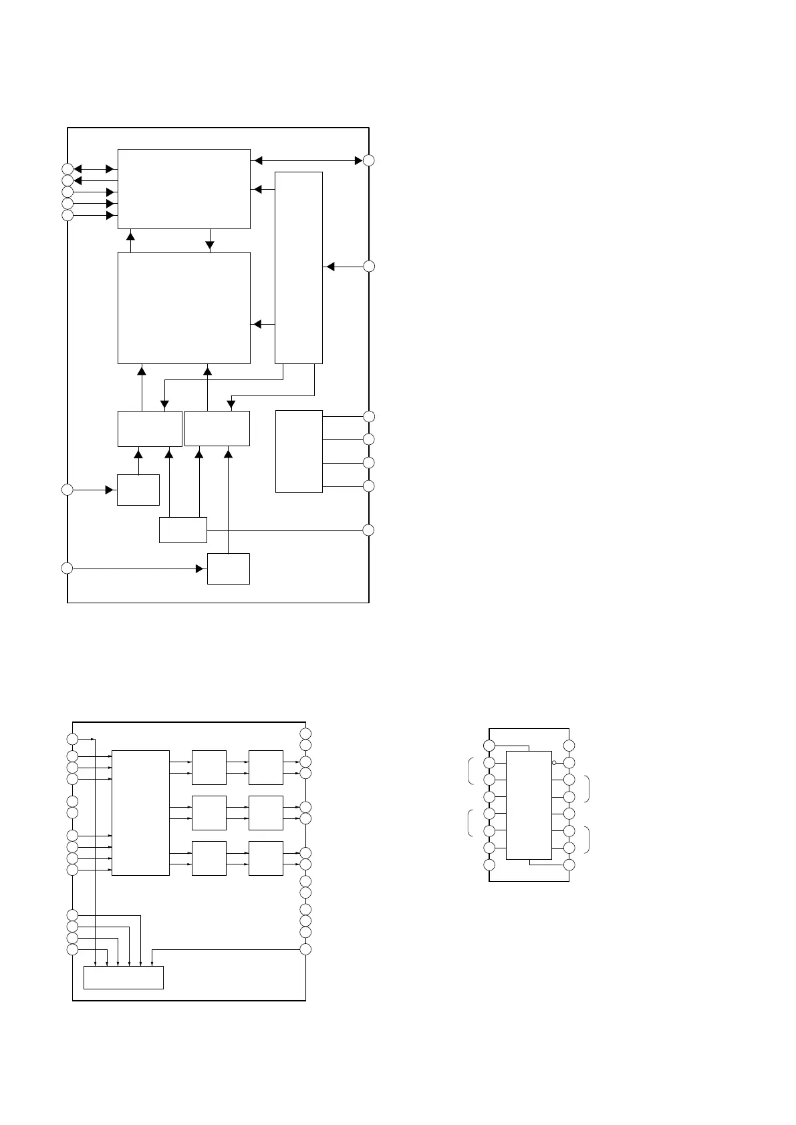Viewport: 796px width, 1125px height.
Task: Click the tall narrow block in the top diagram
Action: click(x=299, y=267)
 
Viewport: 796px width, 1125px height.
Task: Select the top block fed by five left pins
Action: click(x=184, y=188)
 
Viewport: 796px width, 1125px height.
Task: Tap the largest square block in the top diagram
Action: click(x=184, y=307)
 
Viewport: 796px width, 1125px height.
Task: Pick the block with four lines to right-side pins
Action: click(x=299, y=451)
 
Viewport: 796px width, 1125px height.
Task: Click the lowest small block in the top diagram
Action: click(x=228, y=569)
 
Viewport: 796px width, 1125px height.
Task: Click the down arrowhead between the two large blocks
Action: click(x=210, y=245)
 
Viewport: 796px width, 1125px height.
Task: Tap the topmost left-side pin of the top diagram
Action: click(x=67, y=168)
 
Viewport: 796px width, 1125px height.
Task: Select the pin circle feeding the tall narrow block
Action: click(x=369, y=267)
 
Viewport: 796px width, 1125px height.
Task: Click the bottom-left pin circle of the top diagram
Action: click(x=67, y=568)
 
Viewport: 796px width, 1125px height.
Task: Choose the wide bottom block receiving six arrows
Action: click(x=123, y=977)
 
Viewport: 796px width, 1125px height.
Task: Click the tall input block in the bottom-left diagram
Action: click(x=140, y=812)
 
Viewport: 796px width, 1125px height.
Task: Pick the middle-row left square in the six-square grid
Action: click(x=209, y=812)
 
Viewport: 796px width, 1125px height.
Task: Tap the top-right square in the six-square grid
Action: click(x=265, y=767)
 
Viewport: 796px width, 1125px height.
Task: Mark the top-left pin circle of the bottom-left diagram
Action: click(x=73, y=739)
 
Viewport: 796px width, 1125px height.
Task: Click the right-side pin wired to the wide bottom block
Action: click(x=305, y=949)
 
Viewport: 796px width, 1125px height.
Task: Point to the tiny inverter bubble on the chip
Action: click(x=554, y=762)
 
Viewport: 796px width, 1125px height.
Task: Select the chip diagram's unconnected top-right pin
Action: click(x=569, y=746)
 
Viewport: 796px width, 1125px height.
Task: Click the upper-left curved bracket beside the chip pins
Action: click(x=470, y=770)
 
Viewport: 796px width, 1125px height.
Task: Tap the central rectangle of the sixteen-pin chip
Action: click(x=529, y=805)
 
